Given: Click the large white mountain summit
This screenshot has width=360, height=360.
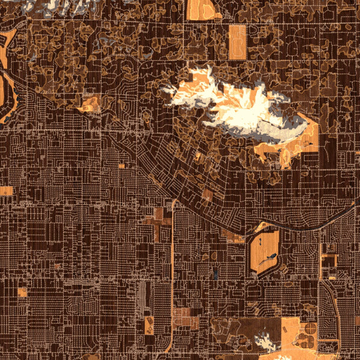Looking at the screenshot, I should point(240,108).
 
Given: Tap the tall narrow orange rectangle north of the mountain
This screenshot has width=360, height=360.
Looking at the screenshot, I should point(238,42).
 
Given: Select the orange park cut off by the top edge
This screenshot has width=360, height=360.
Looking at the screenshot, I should point(201,9).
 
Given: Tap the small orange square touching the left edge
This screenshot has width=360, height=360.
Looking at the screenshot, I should point(5,191).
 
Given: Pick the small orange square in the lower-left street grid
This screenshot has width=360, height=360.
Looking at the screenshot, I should point(23,292).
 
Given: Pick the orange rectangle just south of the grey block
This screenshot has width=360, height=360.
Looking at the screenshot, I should point(149,325).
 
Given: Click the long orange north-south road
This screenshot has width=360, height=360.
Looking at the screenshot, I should point(172,270).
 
